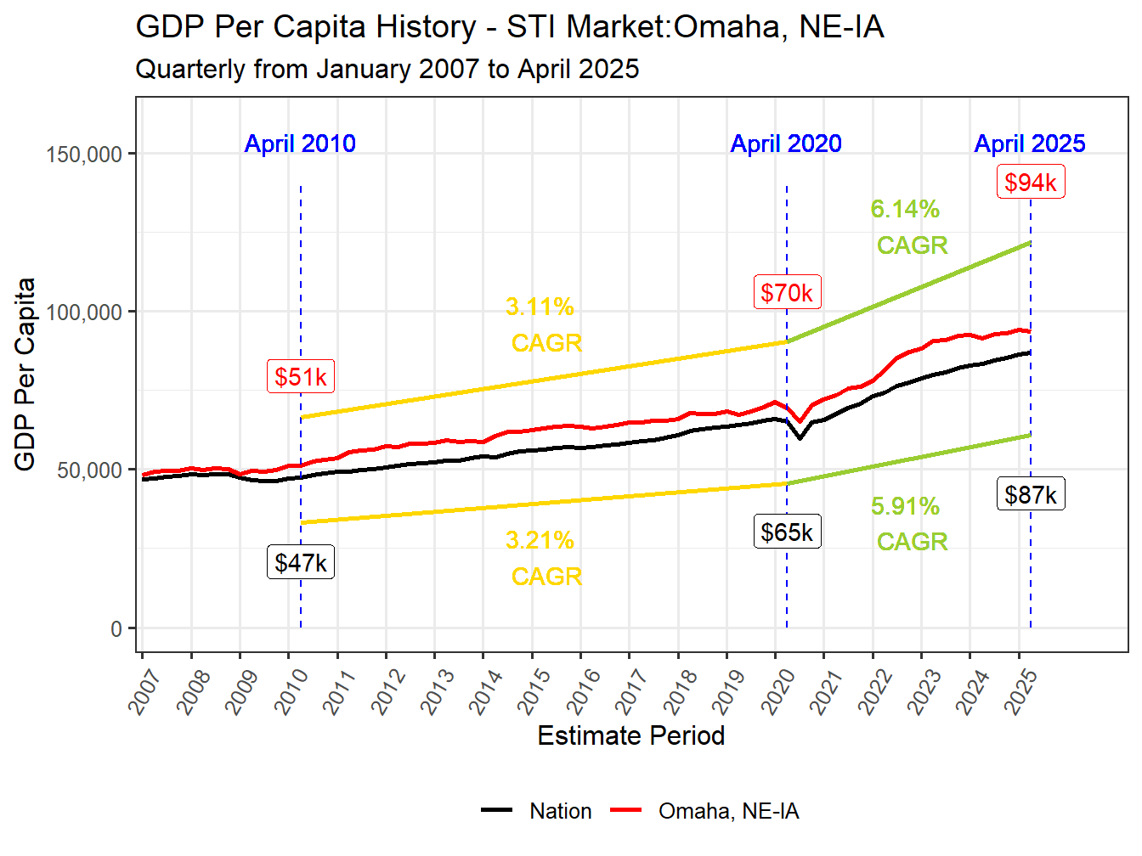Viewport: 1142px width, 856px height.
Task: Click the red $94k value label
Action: click(1030, 183)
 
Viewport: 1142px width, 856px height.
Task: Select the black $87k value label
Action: click(1030, 495)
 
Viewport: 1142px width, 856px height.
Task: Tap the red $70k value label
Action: click(786, 293)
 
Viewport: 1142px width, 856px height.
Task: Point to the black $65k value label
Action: click(786, 532)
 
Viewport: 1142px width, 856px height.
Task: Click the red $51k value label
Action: click(300, 377)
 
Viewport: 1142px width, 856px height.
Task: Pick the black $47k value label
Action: click(300, 563)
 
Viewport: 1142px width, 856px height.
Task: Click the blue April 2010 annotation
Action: click(300, 144)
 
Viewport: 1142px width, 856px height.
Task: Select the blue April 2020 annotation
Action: click(786, 144)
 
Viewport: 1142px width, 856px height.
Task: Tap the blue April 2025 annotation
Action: click(1030, 144)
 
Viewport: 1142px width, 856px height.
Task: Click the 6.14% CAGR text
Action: click(907, 227)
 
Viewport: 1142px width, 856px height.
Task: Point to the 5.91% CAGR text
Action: click(907, 524)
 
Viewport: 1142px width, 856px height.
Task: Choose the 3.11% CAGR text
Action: click(543, 324)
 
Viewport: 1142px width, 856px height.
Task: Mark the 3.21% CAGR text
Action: click(543, 558)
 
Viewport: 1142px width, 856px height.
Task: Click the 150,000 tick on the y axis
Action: click(84, 155)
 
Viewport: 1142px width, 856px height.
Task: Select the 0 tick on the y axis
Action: click(116, 629)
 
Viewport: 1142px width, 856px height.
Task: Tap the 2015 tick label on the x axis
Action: click(534, 690)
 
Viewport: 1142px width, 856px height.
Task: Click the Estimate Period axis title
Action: click(630, 735)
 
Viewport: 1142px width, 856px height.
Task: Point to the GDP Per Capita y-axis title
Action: click(25, 374)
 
